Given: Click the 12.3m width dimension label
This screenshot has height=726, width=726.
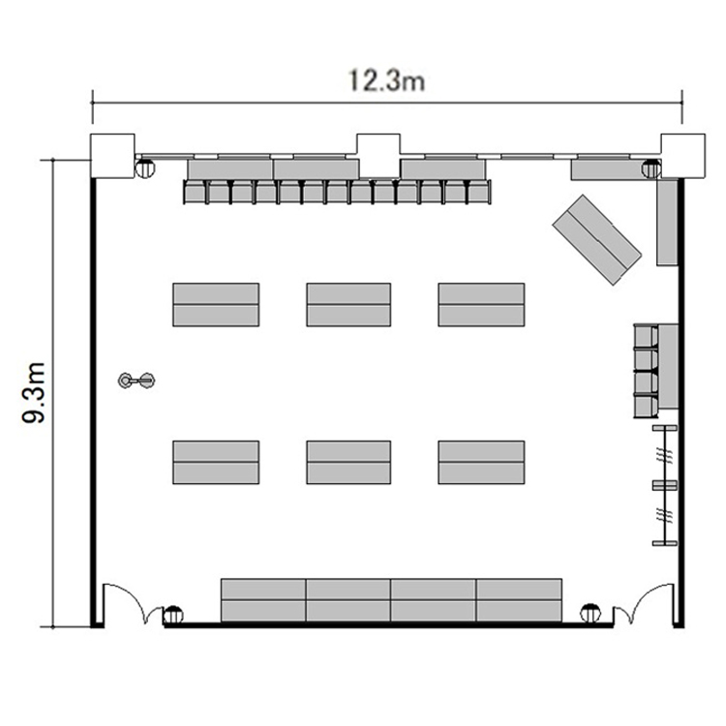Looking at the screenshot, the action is [386, 80].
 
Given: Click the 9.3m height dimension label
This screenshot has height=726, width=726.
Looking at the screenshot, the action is [34, 393].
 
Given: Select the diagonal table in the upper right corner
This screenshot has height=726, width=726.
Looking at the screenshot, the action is [597, 240].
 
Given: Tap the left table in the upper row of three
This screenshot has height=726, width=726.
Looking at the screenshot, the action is [216, 305].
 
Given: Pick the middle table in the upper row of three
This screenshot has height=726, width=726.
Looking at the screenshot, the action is [348, 305].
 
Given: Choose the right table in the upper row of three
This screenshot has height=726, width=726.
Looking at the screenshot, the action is [481, 305].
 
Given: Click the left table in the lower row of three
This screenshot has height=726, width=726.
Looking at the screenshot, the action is [216, 463].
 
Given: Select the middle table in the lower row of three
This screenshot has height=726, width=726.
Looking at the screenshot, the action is [348, 463].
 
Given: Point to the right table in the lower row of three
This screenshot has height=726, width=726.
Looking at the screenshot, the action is [481, 463].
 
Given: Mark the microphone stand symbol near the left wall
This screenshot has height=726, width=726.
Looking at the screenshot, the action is [136, 380].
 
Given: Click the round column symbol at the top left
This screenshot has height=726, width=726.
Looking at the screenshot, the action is [145, 168].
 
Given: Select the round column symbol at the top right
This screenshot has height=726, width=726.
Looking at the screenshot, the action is [651, 169].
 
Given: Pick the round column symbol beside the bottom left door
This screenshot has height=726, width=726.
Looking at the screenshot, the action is [173, 616].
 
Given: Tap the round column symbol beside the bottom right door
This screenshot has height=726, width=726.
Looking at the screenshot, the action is [590, 614].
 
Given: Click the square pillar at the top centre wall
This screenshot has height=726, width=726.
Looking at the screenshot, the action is [378, 156].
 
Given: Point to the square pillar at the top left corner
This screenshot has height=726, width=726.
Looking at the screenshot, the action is [112, 156].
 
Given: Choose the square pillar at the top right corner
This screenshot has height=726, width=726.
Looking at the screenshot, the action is [683, 156].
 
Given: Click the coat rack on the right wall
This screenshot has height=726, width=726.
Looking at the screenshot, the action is [665, 485].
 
